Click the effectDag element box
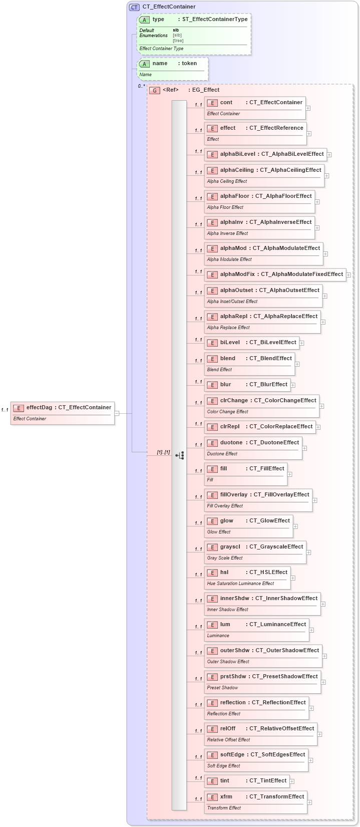click(x=63, y=413)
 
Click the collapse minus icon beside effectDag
click(x=117, y=413)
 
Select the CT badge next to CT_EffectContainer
click(x=134, y=7)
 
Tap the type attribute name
click(x=158, y=20)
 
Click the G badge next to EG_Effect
click(x=155, y=90)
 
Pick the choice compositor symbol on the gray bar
click(x=180, y=455)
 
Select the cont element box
click(x=255, y=107)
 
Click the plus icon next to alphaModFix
click(x=348, y=274)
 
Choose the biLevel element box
click(x=252, y=343)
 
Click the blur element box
click(x=247, y=385)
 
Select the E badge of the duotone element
click(x=212, y=443)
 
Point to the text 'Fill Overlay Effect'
click(x=225, y=506)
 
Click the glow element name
click(x=227, y=520)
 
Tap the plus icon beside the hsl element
click(x=293, y=578)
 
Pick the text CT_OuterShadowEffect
click(x=287, y=650)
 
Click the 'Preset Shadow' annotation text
click(x=222, y=688)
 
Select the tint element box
click(x=246, y=781)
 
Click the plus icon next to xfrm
click(x=309, y=802)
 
